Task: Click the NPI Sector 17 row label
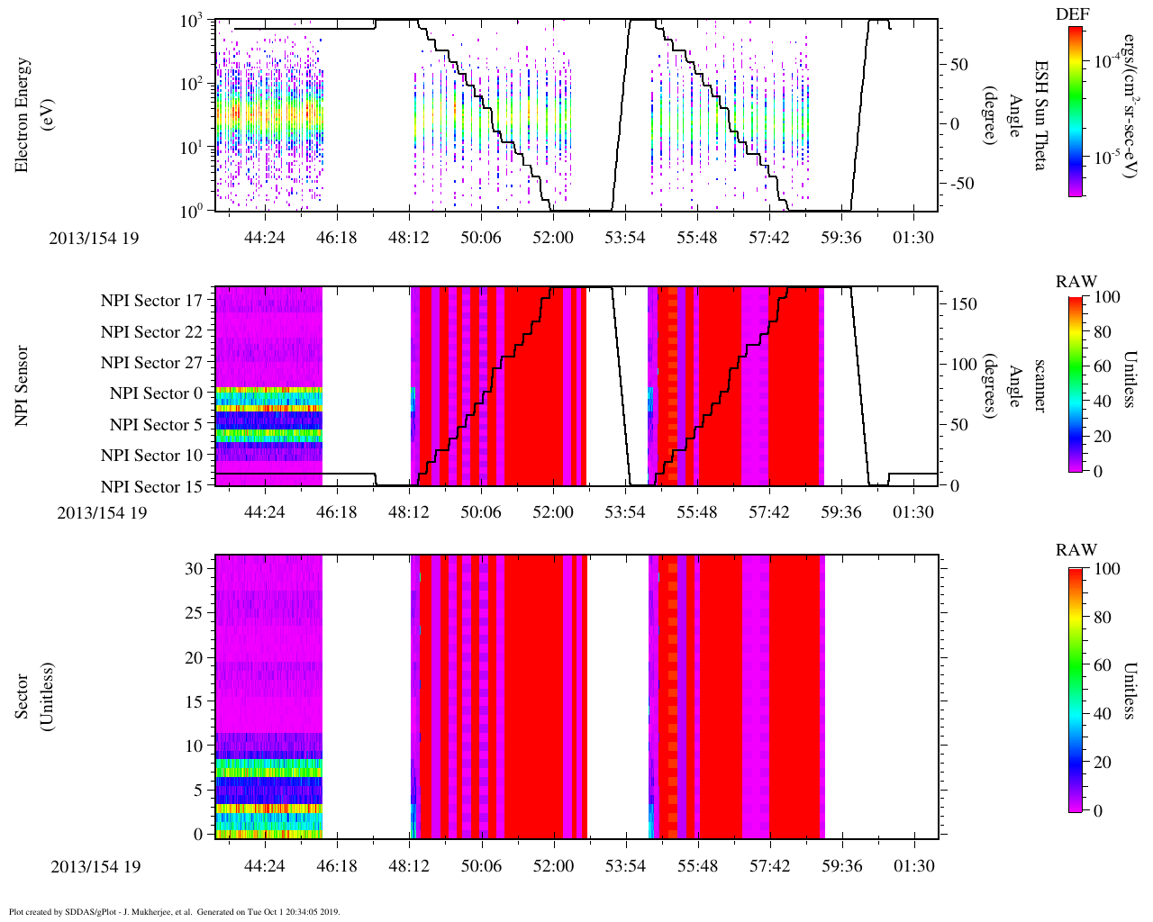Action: coord(152,301)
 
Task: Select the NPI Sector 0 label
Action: coord(157,393)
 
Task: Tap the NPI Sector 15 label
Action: coord(152,487)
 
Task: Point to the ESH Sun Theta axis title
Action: coord(1040,115)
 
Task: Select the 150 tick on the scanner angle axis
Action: coord(965,304)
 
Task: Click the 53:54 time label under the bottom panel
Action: coord(625,866)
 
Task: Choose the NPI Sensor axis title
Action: coord(22,385)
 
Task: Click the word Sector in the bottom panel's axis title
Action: coord(22,696)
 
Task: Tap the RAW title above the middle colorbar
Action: coord(1076,282)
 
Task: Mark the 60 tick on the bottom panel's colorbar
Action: coord(1102,665)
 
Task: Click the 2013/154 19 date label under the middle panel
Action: coord(101,512)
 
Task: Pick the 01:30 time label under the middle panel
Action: coord(913,512)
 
